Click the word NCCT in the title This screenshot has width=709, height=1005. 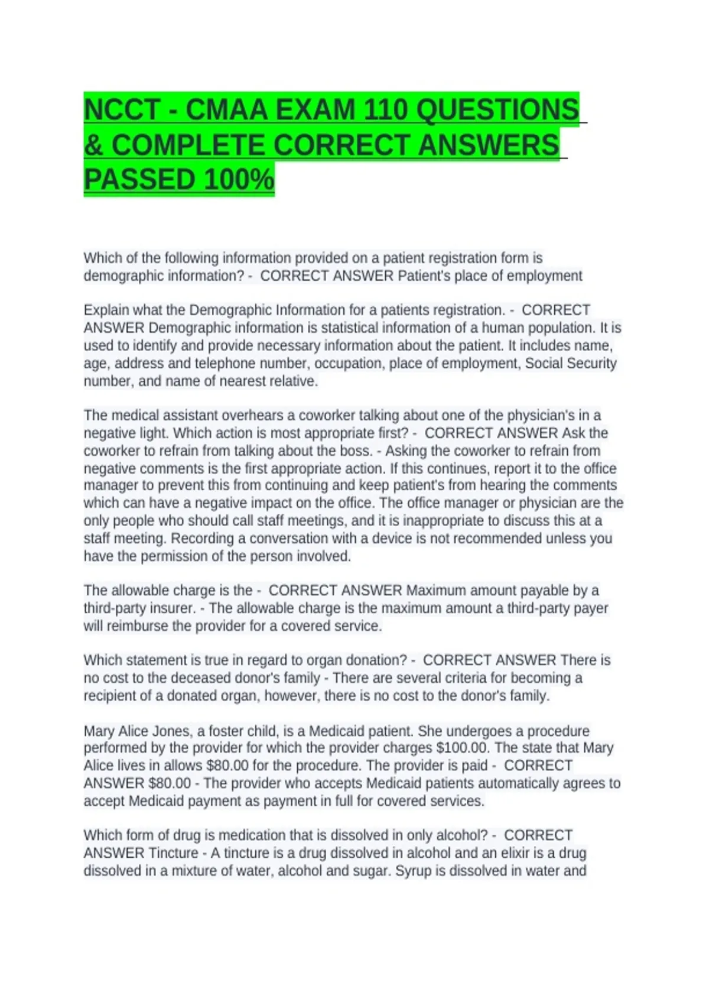point(122,110)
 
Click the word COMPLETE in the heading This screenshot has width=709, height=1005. point(187,145)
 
